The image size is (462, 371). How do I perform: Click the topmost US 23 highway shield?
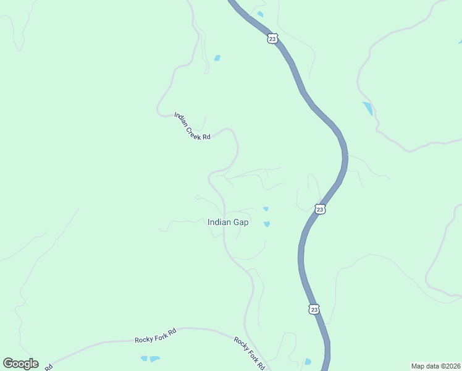272,39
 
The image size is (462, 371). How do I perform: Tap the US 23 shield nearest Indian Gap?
319,210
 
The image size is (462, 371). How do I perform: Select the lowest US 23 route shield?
314,309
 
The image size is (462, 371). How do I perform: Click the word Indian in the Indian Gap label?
219,223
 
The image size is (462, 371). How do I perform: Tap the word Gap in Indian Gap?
241,223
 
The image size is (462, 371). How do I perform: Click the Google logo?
20,364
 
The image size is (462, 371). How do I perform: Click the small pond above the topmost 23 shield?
260,14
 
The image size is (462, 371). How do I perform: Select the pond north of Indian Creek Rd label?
217,58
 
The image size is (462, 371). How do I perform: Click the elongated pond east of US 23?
368,109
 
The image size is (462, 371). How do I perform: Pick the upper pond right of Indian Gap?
266,209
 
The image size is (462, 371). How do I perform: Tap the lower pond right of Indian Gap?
267,224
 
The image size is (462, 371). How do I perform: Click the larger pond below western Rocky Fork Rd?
154,359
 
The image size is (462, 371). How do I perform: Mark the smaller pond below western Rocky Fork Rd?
144,358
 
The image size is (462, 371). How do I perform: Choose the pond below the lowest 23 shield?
308,362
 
